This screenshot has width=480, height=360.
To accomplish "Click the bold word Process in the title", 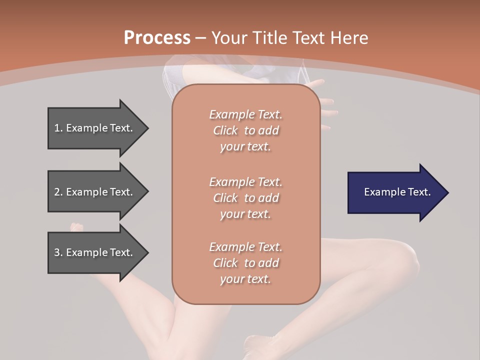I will [157, 38].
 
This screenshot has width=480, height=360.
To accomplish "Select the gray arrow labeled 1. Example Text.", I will [95, 128].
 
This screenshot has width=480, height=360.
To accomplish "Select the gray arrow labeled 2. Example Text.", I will [95, 192].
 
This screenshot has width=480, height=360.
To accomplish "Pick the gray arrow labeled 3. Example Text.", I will [95, 252].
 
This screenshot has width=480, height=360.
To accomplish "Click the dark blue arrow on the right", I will [395, 192].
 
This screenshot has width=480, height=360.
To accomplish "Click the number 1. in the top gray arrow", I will [58, 128].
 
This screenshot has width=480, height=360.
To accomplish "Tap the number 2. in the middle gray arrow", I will [58, 192].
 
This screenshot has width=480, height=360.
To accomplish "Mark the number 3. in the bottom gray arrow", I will [58, 252].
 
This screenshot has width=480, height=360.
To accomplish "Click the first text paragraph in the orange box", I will [245, 130].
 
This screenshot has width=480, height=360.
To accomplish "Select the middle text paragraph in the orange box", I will [245, 197].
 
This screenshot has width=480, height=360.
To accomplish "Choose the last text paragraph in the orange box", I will [245, 263].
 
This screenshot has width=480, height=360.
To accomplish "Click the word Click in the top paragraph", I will [225, 130].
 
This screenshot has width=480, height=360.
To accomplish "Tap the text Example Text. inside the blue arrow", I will [397, 192].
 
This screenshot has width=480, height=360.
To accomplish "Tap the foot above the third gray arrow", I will [76, 227].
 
